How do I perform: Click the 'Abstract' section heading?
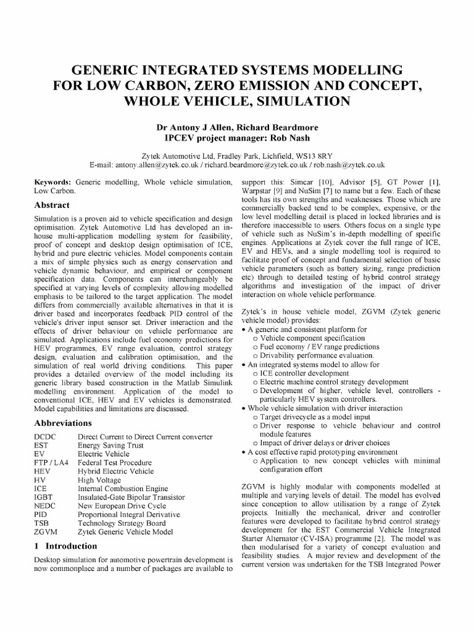pyautogui.click(x=51, y=206)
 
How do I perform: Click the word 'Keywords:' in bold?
pyautogui.click(x=53, y=183)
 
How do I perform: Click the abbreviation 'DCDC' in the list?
pyautogui.click(x=46, y=437)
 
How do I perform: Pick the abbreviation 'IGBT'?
pyautogui.click(x=45, y=497)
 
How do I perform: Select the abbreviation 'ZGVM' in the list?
pyautogui.click(x=46, y=531)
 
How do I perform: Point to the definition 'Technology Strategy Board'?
pyautogui.click(x=122, y=523)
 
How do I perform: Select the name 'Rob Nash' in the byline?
pyautogui.click(x=293, y=138)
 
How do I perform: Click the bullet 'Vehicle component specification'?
pyautogui.click(x=304, y=338)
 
